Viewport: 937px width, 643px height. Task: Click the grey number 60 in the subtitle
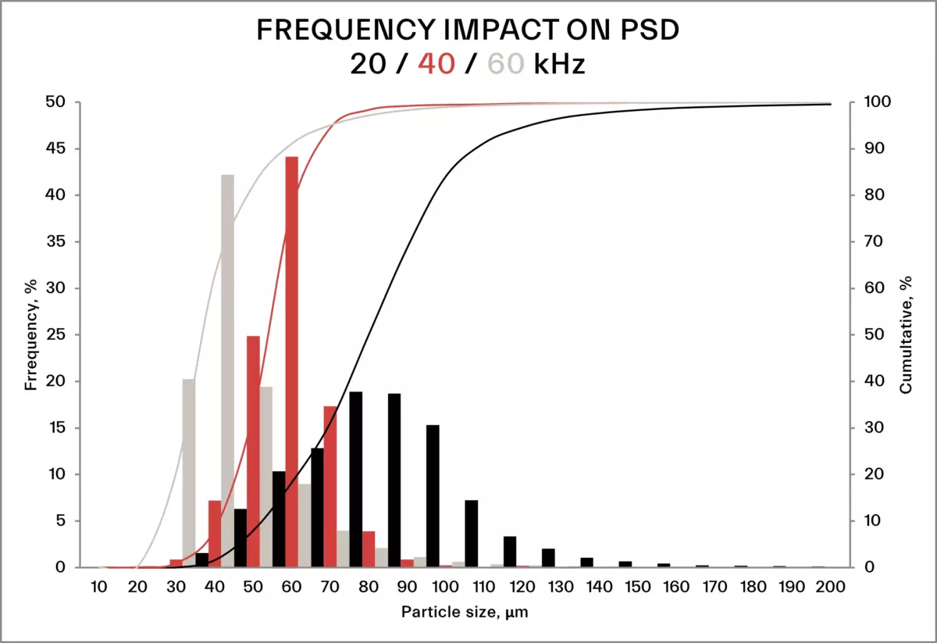click(505, 63)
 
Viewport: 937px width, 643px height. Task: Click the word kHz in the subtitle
click(560, 63)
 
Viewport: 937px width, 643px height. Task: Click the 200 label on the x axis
click(830, 587)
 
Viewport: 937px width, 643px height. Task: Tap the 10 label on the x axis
click(98, 587)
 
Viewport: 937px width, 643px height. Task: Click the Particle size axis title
click(465, 613)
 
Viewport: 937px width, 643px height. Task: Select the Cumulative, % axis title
click(907, 334)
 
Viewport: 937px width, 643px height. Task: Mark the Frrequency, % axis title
click(30, 334)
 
